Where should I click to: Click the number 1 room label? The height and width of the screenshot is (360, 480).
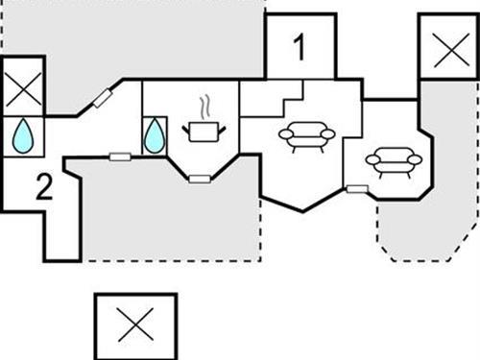coord(300,47)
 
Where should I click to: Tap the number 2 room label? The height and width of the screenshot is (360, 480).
coord(42,187)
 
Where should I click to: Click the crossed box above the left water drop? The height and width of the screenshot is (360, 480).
coord(23,93)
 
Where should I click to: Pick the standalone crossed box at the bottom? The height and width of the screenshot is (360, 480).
coord(135,325)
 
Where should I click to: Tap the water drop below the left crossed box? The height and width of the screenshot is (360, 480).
coord(23,137)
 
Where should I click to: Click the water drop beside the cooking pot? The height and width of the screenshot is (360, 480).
coord(154,136)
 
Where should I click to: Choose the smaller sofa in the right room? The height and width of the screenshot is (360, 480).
coord(391,162)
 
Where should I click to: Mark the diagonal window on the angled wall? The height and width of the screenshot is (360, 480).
coord(103,98)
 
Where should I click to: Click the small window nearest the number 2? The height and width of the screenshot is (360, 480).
coord(120,156)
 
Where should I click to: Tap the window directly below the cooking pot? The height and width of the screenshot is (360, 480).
coord(199,178)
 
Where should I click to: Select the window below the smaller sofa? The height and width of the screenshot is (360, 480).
coord(356,189)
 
